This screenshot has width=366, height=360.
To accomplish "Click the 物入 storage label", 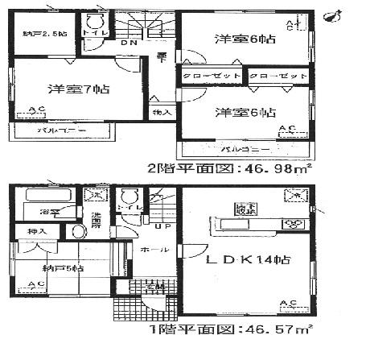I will (162, 111).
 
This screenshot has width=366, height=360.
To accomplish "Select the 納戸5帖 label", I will (59, 268).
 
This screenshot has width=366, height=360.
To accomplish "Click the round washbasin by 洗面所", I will (78, 231).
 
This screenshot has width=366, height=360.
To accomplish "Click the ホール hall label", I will (150, 251).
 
